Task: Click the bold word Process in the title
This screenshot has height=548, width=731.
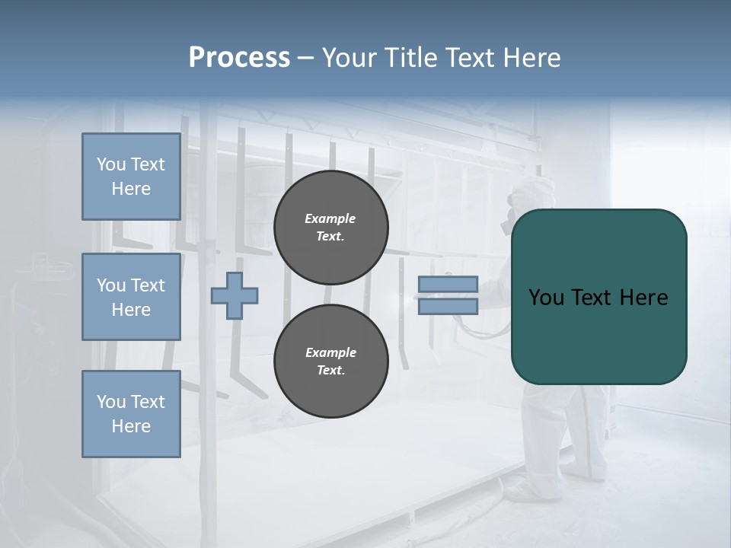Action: pyautogui.click(x=239, y=58)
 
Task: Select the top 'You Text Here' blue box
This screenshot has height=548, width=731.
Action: pyautogui.click(x=131, y=177)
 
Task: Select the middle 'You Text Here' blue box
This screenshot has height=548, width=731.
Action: pyautogui.click(x=131, y=297)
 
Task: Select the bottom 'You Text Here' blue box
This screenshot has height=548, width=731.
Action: pyautogui.click(x=131, y=414)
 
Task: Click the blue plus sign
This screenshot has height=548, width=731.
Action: pyautogui.click(x=235, y=295)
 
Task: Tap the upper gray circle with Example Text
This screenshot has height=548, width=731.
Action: pyautogui.click(x=330, y=228)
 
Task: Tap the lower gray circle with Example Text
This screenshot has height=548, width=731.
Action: pyautogui.click(x=330, y=362)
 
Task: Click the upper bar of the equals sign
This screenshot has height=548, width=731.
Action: pyautogui.click(x=448, y=285)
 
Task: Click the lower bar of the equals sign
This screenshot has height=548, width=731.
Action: pyautogui.click(x=448, y=306)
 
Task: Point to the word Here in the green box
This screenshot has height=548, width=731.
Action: pyautogui.click(x=644, y=298)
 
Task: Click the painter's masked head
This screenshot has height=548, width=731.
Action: pyautogui.click(x=525, y=199)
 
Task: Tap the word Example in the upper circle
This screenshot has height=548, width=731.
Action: pyautogui.click(x=330, y=218)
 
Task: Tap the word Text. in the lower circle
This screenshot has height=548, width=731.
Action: pyautogui.click(x=330, y=371)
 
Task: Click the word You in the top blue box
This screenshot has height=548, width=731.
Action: pyautogui.click(x=110, y=164)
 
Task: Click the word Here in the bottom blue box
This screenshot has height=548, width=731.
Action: pyautogui.click(x=131, y=426)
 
